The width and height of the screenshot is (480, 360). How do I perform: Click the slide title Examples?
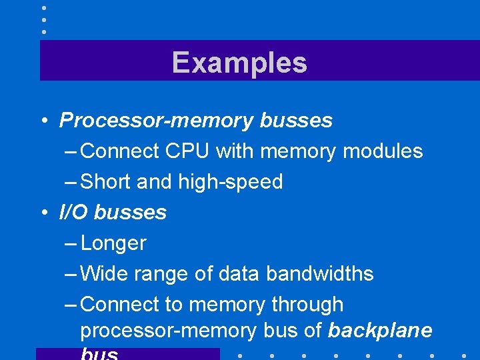click(239, 63)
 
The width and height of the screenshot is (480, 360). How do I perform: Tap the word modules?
click(383, 151)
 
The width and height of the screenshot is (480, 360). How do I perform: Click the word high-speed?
click(230, 181)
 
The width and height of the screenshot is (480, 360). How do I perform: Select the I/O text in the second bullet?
click(73, 212)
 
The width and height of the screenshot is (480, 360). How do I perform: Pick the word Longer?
click(113, 243)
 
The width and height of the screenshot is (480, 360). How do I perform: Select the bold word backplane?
click(381, 330)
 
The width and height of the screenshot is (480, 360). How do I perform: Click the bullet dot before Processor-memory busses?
click(42, 121)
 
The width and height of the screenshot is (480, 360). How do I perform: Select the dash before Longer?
click(71, 243)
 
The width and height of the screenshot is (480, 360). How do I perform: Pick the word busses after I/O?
click(130, 212)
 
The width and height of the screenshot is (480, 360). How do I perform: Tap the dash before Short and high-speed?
click(71, 182)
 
